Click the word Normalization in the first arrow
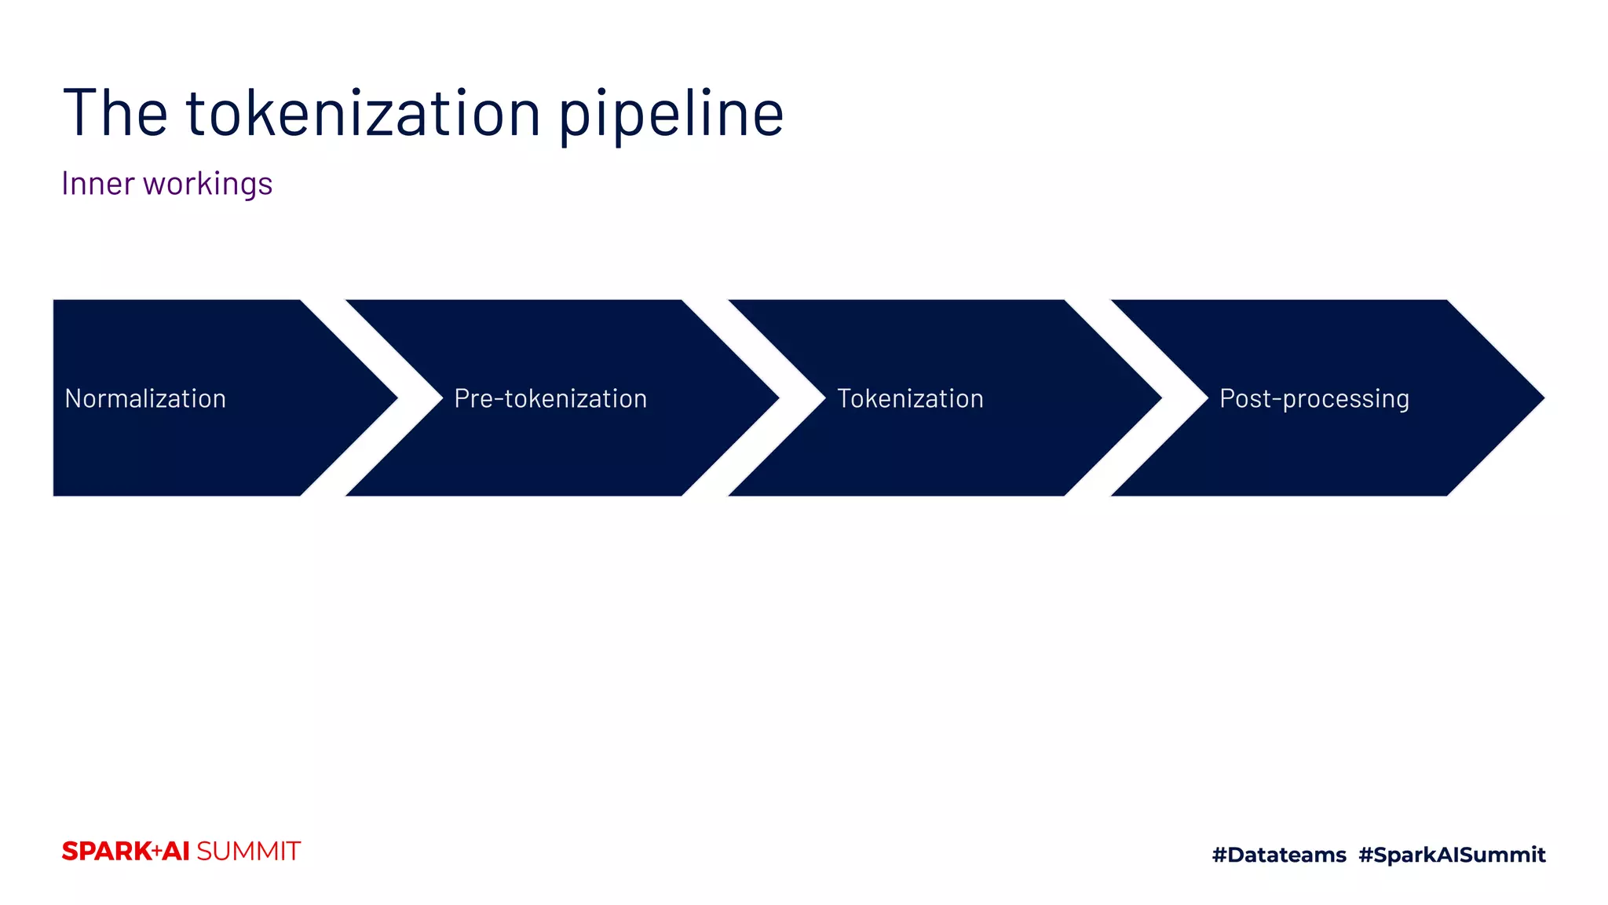tap(145, 398)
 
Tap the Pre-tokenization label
tap(550, 398)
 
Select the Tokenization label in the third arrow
tap(910, 398)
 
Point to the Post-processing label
tap(1314, 399)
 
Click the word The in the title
tap(115, 113)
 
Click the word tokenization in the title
tap(364, 113)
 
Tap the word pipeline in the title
tap(671, 115)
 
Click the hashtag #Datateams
tap(1279, 854)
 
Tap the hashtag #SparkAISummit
tap(1452, 854)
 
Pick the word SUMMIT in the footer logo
tap(248, 851)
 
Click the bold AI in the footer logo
tap(177, 851)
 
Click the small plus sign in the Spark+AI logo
tap(157, 851)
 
